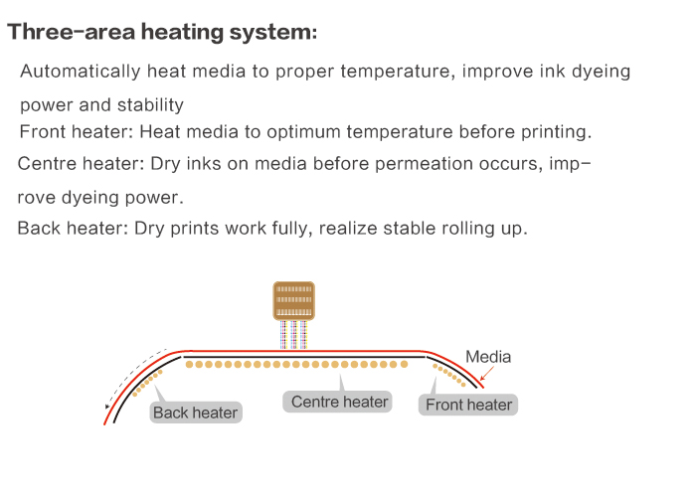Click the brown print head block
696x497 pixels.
294,300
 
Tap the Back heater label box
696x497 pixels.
196,413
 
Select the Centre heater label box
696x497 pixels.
337,402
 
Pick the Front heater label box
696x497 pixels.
468,405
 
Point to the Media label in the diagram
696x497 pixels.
488,357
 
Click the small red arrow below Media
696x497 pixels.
487,373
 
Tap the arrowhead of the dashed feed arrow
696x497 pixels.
107,406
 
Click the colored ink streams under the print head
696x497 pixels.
294,335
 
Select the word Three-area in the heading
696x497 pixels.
71,32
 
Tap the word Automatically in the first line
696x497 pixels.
81,72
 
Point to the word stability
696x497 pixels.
150,105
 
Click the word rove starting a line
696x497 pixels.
37,198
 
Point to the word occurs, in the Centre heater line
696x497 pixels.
511,164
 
